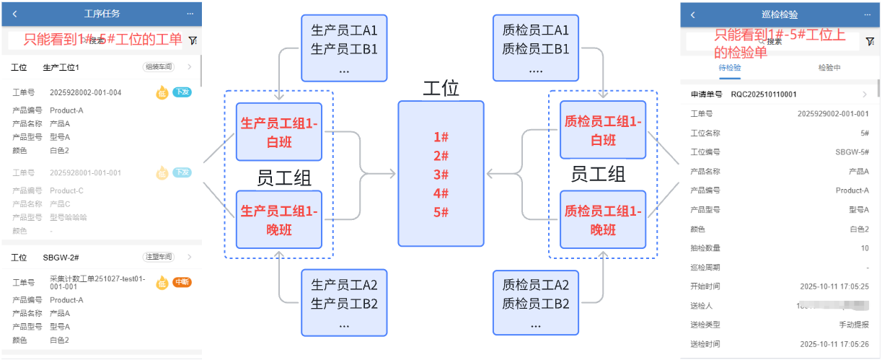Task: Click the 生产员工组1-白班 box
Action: pos(278,131)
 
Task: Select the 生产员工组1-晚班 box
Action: pos(278,219)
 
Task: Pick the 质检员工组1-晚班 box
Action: pos(603,219)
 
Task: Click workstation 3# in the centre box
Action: pos(441,175)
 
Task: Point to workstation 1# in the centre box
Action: pos(441,137)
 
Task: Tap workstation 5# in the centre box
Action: pos(441,212)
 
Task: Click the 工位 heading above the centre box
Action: pos(441,89)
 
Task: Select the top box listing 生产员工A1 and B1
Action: pos(344,48)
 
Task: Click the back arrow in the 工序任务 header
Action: pos(15,14)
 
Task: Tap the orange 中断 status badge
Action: pos(182,282)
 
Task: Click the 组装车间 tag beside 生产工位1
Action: pos(159,67)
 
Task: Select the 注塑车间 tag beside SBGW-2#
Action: pos(159,257)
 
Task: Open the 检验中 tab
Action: pos(829,67)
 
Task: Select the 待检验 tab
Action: pos(730,67)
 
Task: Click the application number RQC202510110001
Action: pos(764,94)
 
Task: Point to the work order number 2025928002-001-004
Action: pos(85,92)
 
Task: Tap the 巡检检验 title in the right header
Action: pos(780,14)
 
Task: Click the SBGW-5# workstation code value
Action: pos(852,152)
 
